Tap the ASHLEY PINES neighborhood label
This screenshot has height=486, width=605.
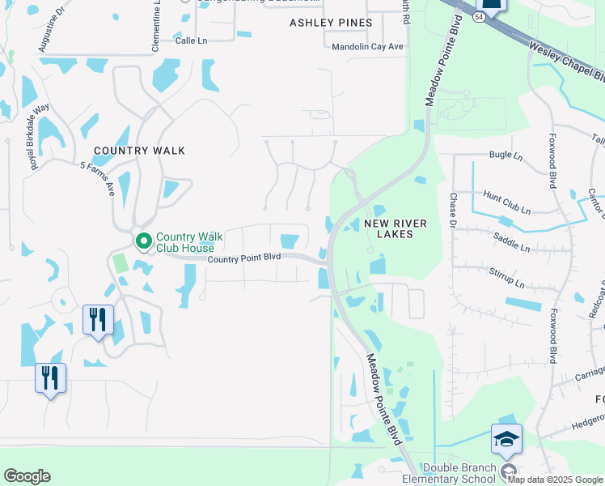pos(331,23)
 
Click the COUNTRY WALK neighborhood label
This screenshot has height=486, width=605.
pos(139,151)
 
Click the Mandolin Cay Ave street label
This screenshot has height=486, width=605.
pos(368,47)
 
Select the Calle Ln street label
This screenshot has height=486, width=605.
pos(192,39)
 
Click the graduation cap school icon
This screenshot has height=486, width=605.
pos(506,439)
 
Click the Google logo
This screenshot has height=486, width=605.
pos(27,476)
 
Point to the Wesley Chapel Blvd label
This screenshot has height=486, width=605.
pos(566,62)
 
